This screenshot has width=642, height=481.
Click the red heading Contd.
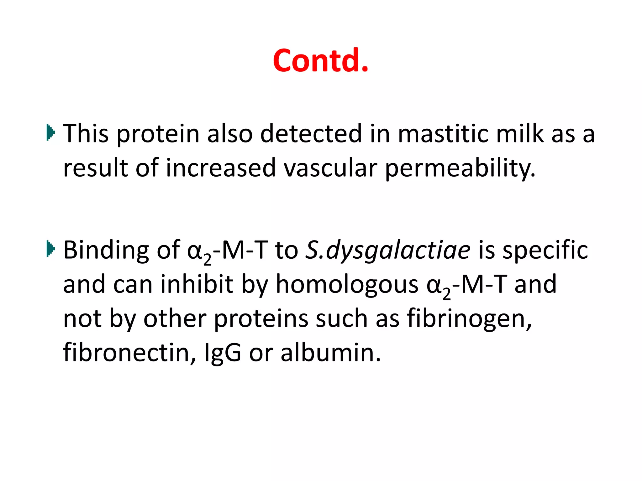pos(320,60)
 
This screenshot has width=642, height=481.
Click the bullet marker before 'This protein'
pos(50,132)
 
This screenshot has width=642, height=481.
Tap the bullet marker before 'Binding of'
pos(50,249)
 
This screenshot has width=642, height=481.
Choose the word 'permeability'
pos(460,168)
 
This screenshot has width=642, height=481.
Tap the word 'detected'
pos(311,133)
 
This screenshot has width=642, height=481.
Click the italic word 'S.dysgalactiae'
pos(388,251)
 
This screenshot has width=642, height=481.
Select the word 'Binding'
pos(106,251)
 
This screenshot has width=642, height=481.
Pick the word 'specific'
pos(545,251)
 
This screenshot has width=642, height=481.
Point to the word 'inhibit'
pos(197,284)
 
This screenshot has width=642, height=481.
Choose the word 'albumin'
pos(330,353)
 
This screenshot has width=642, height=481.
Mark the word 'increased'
pos(220,168)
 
